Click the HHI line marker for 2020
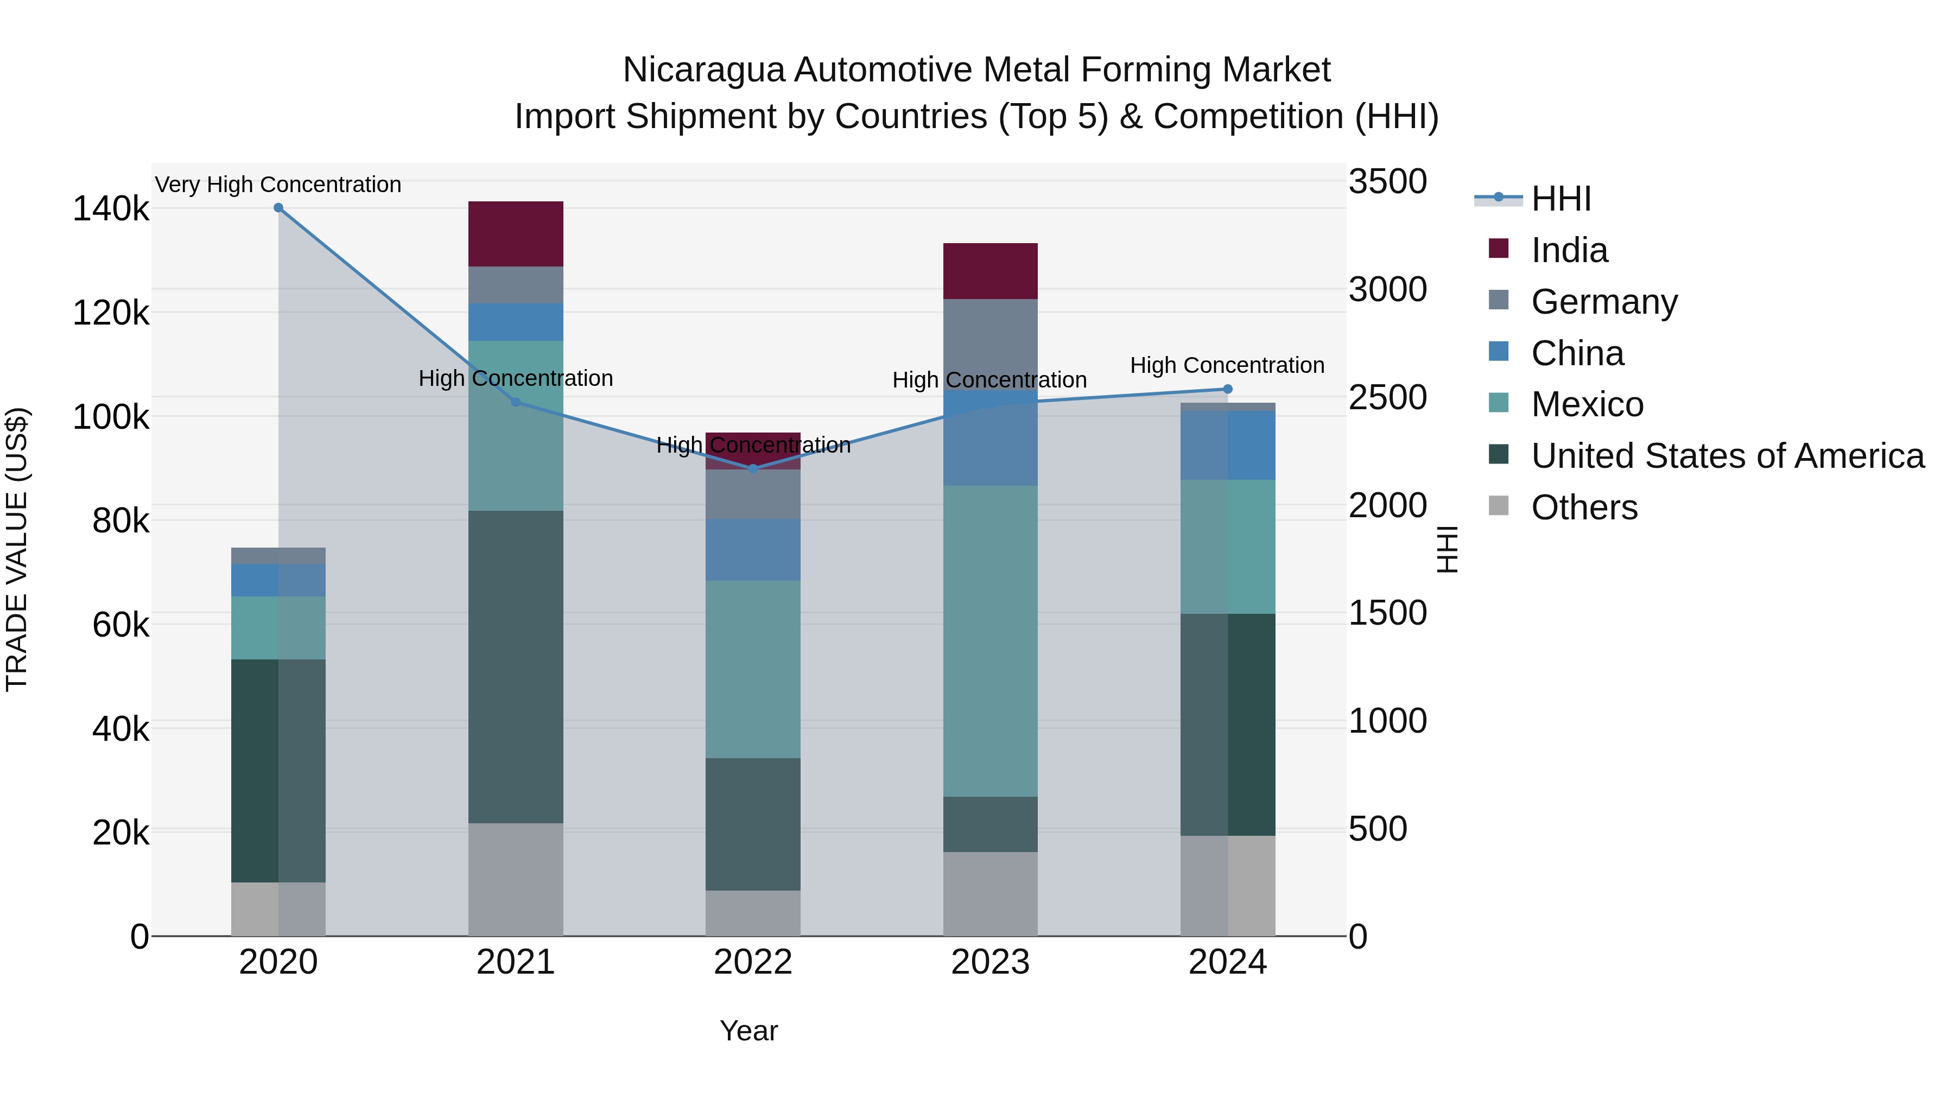tap(278, 208)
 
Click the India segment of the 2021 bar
tap(516, 233)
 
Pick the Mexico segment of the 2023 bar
tap(990, 641)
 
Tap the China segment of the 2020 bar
tap(278, 580)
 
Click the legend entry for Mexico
tap(1587, 404)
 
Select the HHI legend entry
tap(1560, 199)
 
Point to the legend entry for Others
tap(1584, 507)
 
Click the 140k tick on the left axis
tap(111, 209)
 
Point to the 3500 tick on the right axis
tap(1387, 182)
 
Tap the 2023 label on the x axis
tap(990, 962)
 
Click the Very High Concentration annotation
tap(278, 185)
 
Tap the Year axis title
tap(748, 1031)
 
